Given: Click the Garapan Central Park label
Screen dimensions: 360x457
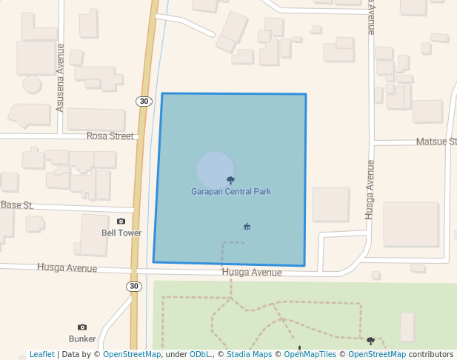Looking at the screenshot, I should pyautogui.click(x=231, y=192).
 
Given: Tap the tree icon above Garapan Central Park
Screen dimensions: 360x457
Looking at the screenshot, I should pyautogui.click(x=231, y=180).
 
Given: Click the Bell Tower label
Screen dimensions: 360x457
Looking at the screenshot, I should pyautogui.click(x=121, y=233).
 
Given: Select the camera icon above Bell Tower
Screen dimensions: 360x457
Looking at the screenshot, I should pyautogui.click(x=121, y=221).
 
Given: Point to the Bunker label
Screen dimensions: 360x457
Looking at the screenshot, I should pyautogui.click(x=82, y=339).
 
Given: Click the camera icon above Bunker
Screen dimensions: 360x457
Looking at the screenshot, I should pyautogui.click(x=82, y=327).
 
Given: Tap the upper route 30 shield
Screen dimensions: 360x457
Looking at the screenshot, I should pyautogui.click(x=144, y=101).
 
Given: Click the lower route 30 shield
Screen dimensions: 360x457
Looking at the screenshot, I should pyautogui.click(x=133, y=286).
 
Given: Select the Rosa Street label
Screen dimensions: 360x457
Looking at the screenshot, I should pyautogui.click(x=110, y=136).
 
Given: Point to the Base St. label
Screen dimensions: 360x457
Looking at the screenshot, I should pyautogui.click(x=17, y=204).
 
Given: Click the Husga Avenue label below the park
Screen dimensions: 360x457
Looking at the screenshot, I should pyautogui.click(x=252, y=273).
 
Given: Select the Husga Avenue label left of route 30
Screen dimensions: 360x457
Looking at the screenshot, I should pyautogui.click(x=67, y=267).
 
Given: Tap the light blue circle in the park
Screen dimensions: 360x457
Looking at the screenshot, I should pyautogui.click(x=215, y=170).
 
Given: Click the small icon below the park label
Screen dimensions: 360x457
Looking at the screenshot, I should pyautogui.click(x=247, y=226).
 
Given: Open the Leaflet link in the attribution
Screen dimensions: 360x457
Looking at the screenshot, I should pyautogui.click(x=41, y=354).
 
